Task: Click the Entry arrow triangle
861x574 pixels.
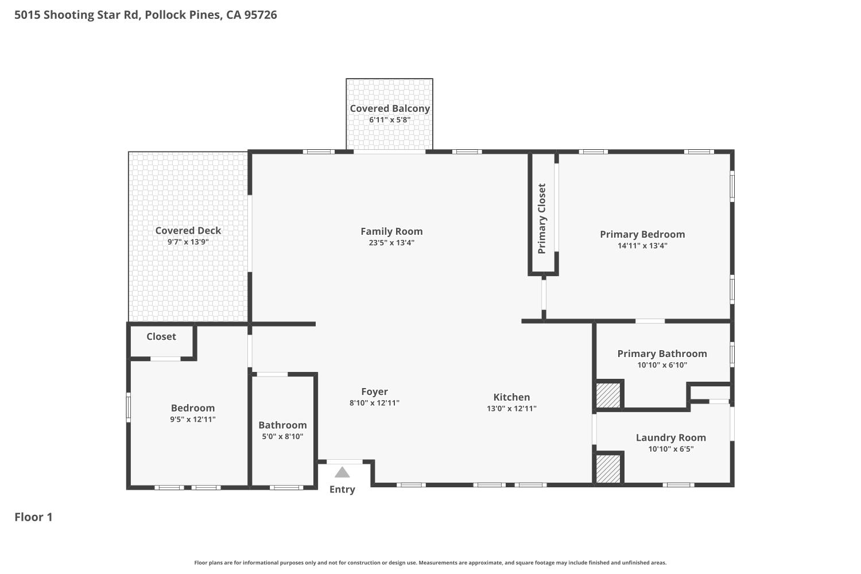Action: [342, 473]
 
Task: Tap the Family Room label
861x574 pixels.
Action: [391, 231]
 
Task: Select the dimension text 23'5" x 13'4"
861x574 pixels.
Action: [391, 243]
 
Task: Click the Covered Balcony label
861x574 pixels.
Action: [390, 108]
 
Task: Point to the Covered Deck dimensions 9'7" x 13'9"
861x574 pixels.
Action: [188, 242]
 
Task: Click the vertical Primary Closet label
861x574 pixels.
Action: [542, 219]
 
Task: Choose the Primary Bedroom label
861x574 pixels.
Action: [642, 234]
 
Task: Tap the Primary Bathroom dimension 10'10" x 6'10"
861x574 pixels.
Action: [662, 365]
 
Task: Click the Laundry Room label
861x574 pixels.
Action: [670, 437]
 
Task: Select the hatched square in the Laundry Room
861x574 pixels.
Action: [608, 469]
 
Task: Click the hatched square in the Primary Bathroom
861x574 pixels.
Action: [608, 395]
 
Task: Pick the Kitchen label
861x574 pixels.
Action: [511, 397]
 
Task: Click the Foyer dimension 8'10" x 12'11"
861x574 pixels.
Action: [374, 403]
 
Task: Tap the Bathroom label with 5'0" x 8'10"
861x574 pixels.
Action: [282, 425]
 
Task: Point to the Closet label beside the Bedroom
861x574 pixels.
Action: [161, 337]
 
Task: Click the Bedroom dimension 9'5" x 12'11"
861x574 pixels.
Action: [193, 420]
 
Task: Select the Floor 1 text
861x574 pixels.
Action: [33, 517]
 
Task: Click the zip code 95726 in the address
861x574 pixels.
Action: [261, 15]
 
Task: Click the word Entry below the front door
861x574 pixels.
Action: [342, 490]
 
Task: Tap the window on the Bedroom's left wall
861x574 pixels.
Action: [129, 407]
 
